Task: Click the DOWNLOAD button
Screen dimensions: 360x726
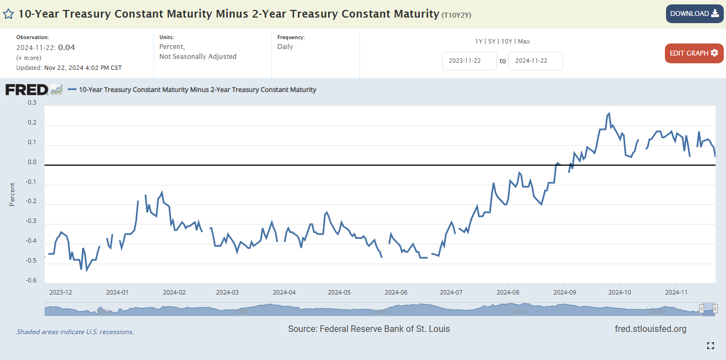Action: pos(694,14)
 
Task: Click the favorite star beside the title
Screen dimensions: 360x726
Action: pos(9,14)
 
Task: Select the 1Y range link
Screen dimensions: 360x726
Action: pos(479,41)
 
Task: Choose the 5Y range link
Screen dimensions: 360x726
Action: pos(492,41)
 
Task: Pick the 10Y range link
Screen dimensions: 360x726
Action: pos(507,41)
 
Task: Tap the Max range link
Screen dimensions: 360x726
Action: pos(524,41)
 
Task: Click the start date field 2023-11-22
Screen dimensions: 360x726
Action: pos(469,61)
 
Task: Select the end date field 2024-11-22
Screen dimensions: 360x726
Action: pos(535,61)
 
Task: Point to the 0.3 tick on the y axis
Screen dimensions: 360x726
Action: pos(32,102)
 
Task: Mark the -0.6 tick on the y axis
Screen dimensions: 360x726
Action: pos(31,281)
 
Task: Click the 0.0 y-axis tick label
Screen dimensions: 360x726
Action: pos(32,162)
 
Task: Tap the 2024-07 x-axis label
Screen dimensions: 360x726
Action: pos(451,292)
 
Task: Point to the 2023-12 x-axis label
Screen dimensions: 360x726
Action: pos(61,292)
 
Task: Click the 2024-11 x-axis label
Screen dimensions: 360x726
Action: pos(676,292)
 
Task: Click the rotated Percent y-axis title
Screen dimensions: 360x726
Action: pos(12,194)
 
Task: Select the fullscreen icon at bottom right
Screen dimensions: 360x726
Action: pos(711,346)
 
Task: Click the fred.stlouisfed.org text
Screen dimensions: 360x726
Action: pos(651,329)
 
